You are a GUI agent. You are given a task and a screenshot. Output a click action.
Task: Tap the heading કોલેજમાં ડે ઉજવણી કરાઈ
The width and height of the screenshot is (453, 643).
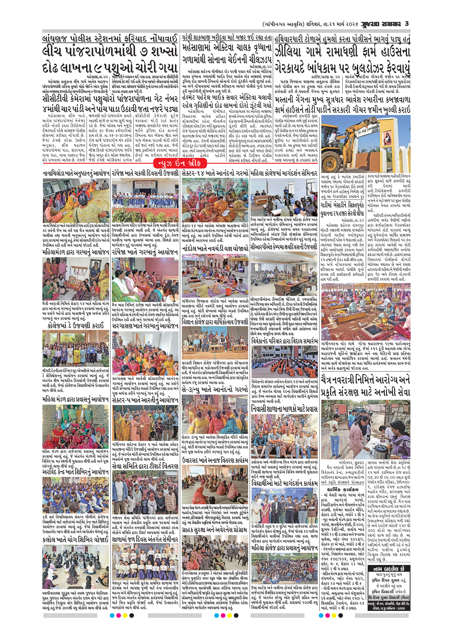[x=76, y=325]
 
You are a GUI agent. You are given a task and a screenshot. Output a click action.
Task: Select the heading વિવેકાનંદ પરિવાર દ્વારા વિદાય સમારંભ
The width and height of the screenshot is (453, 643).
[x=284, y=341]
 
